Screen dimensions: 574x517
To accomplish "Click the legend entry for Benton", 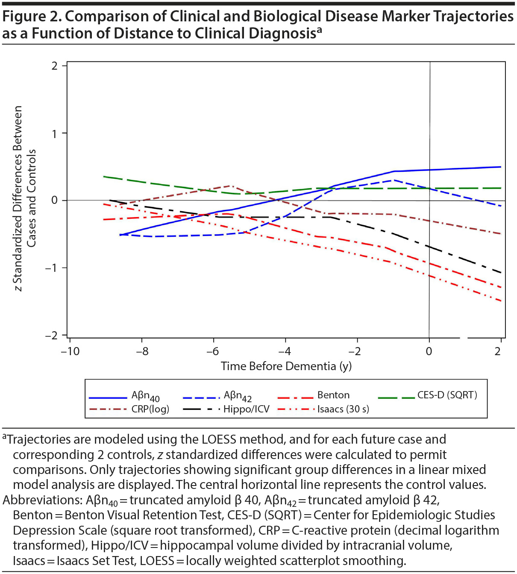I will [x=333, y=395].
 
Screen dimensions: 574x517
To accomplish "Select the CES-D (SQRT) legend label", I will [x=447, y=395].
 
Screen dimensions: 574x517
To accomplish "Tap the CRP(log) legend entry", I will [x=150, y=409].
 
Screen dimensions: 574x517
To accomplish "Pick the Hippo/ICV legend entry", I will [x=247, y=409].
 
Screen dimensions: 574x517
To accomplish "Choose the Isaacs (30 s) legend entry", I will [x=343, y=409].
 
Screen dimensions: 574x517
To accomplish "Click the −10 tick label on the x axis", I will [x=70, y=351].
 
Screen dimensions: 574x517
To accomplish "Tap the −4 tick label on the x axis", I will [x=285, y=351].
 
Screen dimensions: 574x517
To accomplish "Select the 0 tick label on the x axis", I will [x=429, y=351].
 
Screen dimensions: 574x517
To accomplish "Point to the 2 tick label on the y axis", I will [x=54, y=66].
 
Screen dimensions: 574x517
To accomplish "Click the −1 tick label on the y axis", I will [x=51, y=268].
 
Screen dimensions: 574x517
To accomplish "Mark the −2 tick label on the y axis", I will [x=51, y=336].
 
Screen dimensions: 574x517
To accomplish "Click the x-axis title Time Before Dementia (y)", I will [x=286, y=366].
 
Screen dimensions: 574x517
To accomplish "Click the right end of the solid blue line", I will [x=500, y=167].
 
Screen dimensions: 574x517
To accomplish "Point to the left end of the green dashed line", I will [x=104, y=176].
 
